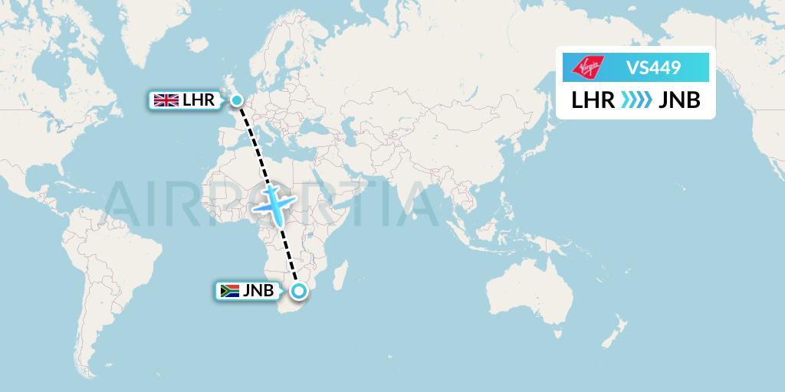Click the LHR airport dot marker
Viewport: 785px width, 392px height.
click(x=237, y=100)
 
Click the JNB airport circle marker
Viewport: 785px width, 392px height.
click(x=298, y=290)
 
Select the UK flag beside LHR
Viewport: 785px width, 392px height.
click(x=166, y=100)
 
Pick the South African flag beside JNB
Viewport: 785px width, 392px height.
click(x=228, y=291)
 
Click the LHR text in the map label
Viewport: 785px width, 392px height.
click(x=199, y=100)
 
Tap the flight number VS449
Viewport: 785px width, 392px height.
click(x=652, y=68)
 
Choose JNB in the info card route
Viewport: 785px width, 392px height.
click(x=679, y=100)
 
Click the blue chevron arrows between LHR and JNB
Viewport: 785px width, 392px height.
click(x=636, y=100)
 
